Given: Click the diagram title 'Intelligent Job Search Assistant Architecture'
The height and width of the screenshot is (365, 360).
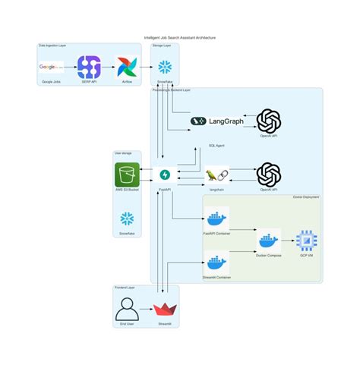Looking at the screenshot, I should tap(180, 37).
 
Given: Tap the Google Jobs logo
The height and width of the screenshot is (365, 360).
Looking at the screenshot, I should tap(52, 67).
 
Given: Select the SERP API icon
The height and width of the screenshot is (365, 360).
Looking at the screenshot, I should tap(89, 67).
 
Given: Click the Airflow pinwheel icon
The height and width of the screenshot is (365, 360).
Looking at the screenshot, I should tap(127, 67).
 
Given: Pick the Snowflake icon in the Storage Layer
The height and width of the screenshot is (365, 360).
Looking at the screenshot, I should tap(164, 67).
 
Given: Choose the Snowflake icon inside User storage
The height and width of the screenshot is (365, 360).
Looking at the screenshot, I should tap(128, 219).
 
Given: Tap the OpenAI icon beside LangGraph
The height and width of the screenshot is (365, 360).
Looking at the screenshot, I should tap(269, 121).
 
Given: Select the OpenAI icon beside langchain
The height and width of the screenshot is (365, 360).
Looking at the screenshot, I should tap(269, 175).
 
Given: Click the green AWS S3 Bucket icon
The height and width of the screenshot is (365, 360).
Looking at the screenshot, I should tap(128, 175).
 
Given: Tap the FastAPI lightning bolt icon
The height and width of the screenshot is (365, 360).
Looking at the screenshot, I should tap(164, 175).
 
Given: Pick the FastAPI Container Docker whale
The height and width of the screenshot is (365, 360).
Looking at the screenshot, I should tap(216, 219).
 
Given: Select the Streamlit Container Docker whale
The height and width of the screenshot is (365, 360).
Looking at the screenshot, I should tap(216, 263).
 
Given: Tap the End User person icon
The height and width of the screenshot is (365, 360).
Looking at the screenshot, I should tap(128, 310).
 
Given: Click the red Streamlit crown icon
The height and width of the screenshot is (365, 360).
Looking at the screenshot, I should tap(164, 310).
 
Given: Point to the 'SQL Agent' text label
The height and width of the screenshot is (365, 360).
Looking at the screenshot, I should tap(216, 144).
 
